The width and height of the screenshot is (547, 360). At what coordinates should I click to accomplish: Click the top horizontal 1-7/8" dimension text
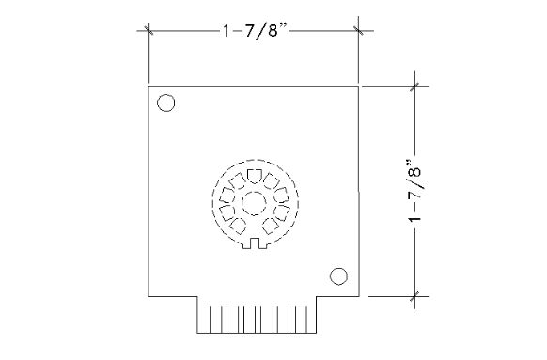[255, 31]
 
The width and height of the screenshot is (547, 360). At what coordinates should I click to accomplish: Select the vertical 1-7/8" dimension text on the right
[415, 191]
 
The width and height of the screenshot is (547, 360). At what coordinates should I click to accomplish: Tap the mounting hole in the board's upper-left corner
[166, 102]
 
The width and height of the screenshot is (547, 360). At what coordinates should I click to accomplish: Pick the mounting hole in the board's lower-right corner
[338, 276]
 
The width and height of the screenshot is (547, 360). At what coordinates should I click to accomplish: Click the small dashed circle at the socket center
[254, 203]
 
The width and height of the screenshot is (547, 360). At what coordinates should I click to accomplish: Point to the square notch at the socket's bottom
[255, 243]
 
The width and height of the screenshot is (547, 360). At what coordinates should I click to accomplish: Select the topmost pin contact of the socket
[255, 176]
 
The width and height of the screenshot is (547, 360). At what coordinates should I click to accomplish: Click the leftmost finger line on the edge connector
[210, 320]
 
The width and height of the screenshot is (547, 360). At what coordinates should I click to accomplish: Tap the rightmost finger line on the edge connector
[307, 320]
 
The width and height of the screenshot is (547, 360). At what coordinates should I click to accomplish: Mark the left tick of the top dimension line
[148, 30]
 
